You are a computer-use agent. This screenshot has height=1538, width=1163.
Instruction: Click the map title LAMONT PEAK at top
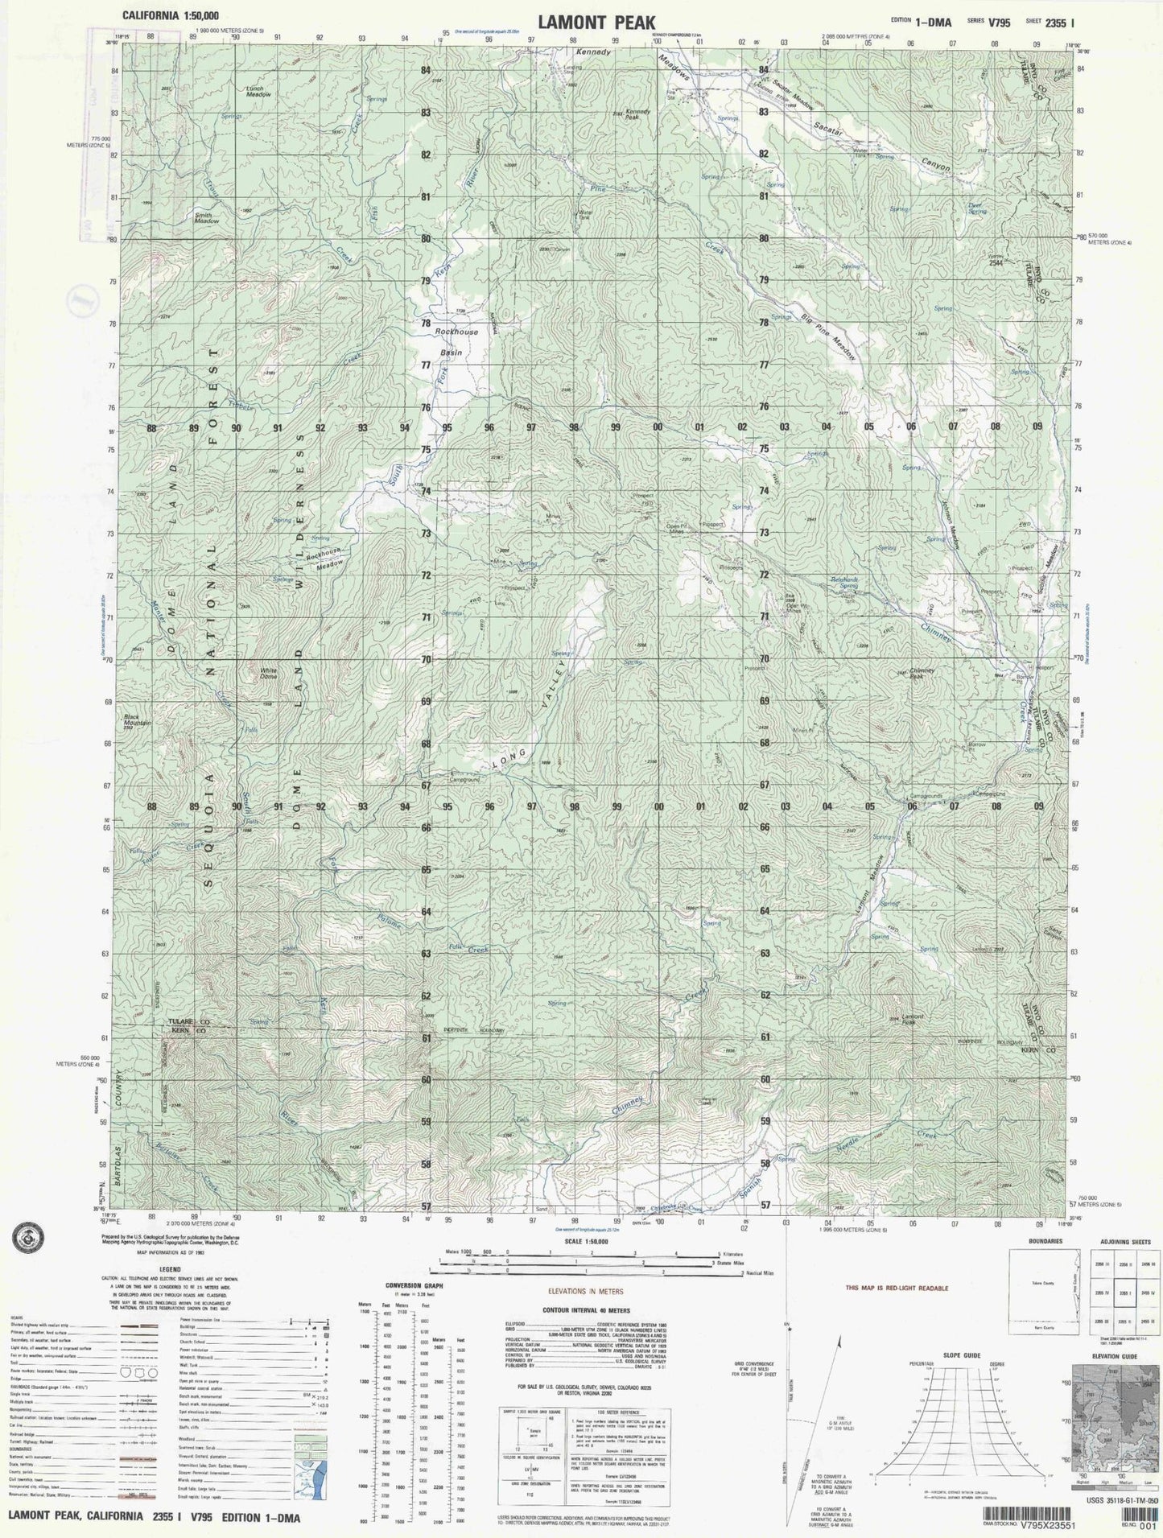click(x=596, y=23)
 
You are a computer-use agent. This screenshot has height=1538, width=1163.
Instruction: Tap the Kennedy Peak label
click(x=637, y=115)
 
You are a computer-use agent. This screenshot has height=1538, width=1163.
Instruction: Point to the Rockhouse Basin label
click(x=455, y=341)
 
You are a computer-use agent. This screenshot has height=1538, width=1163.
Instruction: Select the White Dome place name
click(x=268, y=673)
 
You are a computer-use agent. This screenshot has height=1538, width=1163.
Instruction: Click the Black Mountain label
click(x=137, y=721)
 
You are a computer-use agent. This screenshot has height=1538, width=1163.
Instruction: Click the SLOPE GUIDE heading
click(x=961, y=1355)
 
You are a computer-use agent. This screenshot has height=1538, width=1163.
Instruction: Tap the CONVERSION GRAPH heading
click(x=414, y=1285)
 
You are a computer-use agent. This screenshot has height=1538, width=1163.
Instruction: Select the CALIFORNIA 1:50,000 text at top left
click(x=170, y=15)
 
